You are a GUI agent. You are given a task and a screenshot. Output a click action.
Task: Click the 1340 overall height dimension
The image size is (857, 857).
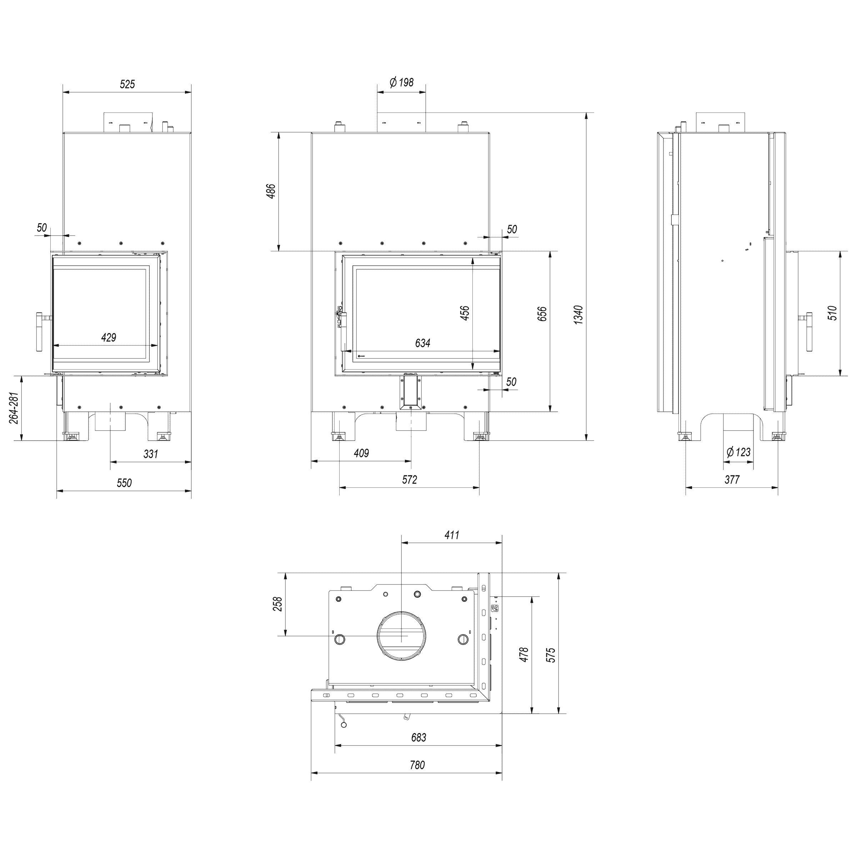tap(578, 315)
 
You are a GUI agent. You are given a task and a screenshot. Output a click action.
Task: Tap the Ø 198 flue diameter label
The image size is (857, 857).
tap(401, 82)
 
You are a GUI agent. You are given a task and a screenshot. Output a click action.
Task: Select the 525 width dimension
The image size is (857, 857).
tap(127, 84)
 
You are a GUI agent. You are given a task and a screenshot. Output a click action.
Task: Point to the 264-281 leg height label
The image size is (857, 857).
tap(14, 408)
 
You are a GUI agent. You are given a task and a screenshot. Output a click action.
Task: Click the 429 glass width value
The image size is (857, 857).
tap(109, 337)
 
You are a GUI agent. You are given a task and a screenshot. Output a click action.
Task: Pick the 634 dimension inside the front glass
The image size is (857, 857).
tap(423, 343)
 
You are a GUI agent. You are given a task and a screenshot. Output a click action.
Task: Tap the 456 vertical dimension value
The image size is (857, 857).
tap(465, 313)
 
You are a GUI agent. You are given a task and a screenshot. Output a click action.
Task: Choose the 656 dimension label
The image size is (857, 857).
tap(542, 314)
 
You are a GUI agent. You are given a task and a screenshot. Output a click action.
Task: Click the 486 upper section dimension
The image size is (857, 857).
tap(271, 191)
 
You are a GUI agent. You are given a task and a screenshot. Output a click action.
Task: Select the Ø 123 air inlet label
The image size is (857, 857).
tap(738, 452)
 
